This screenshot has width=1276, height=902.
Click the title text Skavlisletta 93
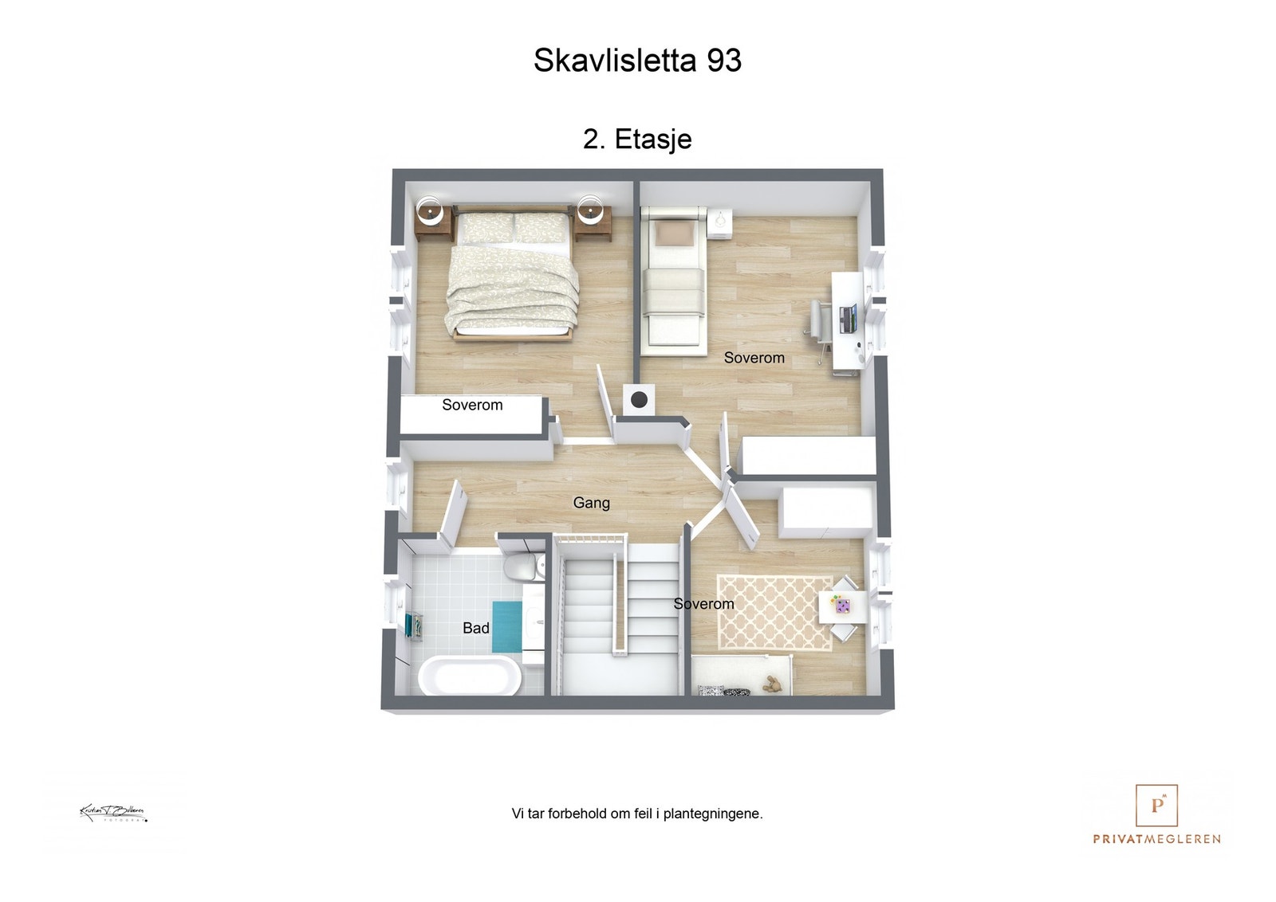(637, 61)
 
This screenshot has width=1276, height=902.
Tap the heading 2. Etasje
(637, 139)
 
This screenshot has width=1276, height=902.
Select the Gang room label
(591, 503)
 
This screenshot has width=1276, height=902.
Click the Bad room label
(476, 628)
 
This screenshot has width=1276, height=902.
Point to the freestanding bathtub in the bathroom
(470, 676)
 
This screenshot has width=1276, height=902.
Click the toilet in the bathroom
(522, 567)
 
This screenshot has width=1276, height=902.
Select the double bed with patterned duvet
(512, 275)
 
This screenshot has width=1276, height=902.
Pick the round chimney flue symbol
(639, 399)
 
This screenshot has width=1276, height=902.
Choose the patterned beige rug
(774, 612)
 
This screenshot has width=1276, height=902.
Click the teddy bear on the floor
(772, 684)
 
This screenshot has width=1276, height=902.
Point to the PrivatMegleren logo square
(1156, 805)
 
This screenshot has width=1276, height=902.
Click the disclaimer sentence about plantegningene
(637, 814)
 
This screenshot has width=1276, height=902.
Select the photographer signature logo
(113, 813)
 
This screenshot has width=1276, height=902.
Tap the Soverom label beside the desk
(754, 358)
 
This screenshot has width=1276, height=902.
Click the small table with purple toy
(842, 607)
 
